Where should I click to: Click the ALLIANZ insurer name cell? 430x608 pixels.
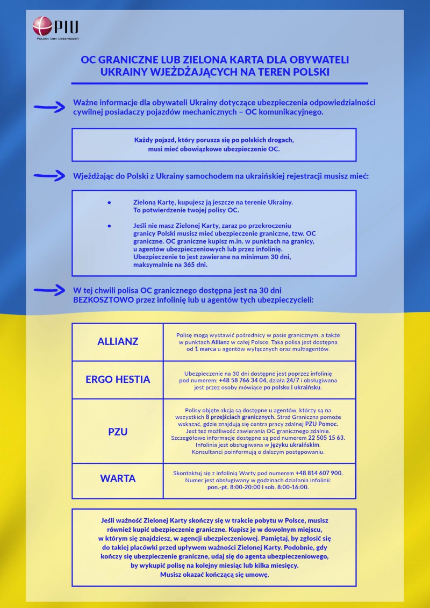tap(118, 341)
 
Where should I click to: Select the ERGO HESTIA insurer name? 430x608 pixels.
tap(118, 379)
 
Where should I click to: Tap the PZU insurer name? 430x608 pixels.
tap(118, 431)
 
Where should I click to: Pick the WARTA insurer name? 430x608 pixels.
tap(118, 478)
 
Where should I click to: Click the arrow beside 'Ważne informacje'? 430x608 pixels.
tap(49, 107)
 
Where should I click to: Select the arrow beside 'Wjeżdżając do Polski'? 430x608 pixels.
tap(49, 176)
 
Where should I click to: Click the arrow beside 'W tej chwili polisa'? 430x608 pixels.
tap(49, 290)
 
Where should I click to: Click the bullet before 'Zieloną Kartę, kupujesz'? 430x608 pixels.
tap(109, 202)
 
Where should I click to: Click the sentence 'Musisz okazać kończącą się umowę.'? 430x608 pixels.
tap(214, 574)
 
